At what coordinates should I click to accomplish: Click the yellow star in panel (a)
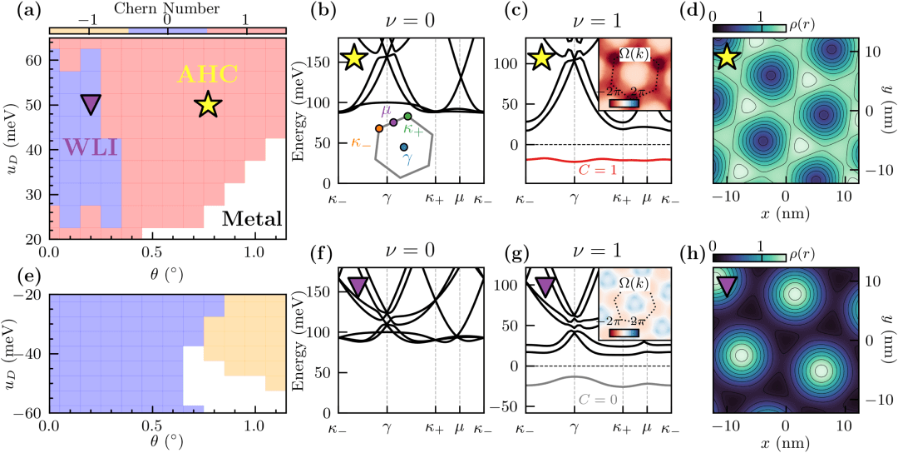tap(208, 105)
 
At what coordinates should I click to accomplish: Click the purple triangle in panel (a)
tap(91, 103)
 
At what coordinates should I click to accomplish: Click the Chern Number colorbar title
tap(167, 9)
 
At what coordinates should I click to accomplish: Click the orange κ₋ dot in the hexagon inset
tap(379, 128)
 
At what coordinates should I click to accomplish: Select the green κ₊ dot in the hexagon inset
tap(407, 116)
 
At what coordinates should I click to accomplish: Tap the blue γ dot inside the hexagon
tap(403, 147)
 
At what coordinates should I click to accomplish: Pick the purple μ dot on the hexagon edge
tap(393, 122)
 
